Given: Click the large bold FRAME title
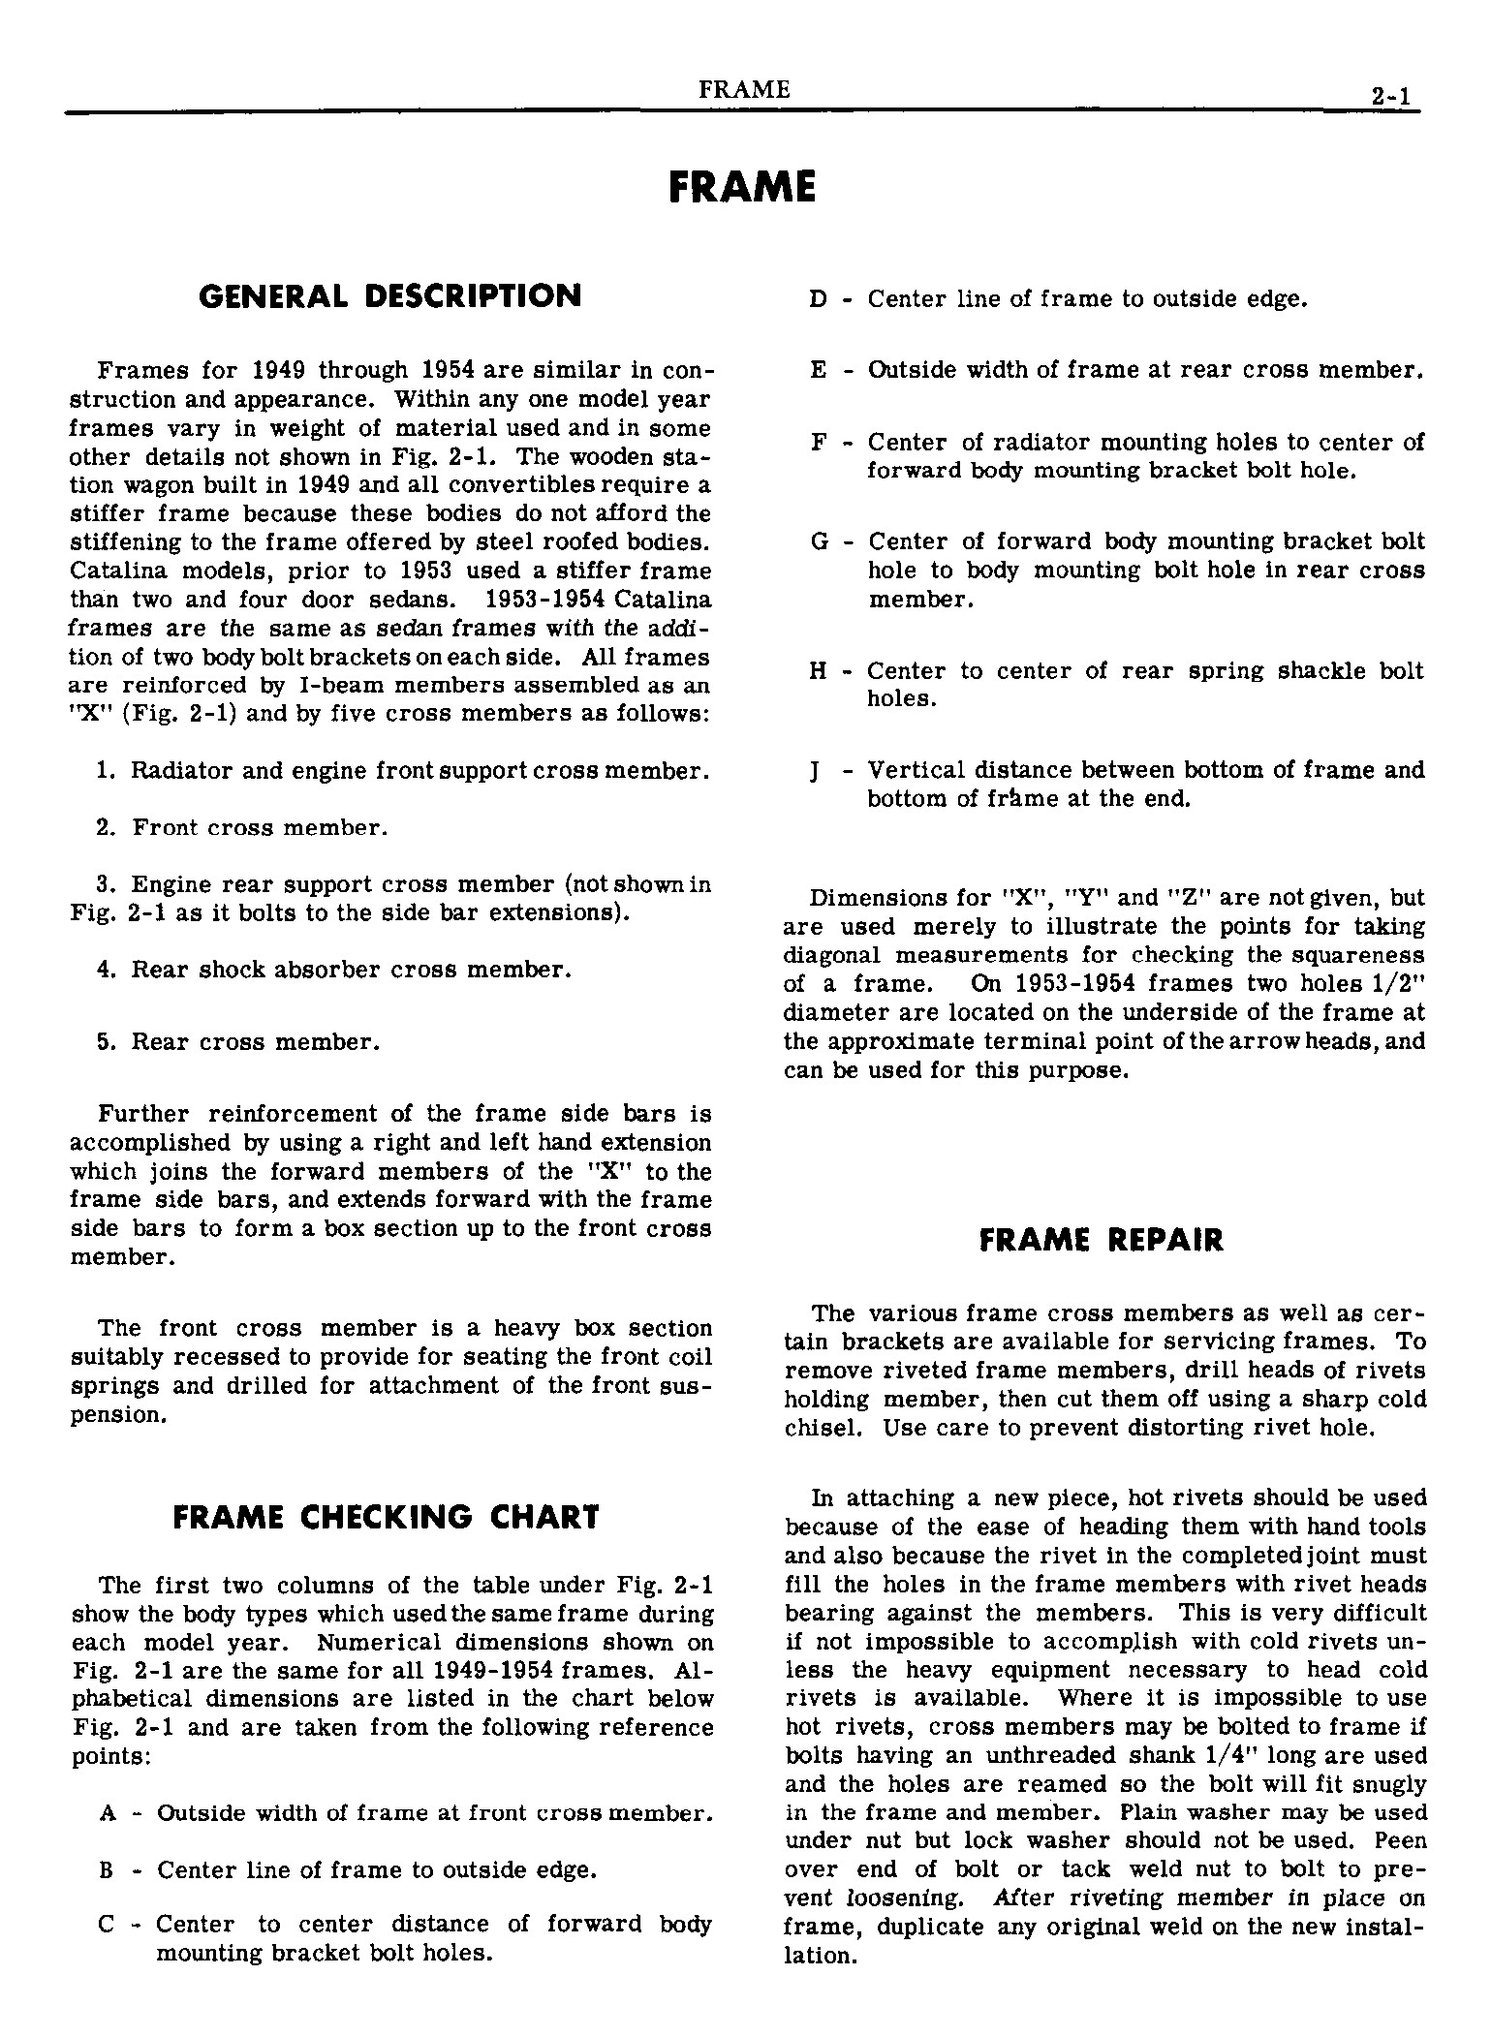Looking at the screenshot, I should point(742,186).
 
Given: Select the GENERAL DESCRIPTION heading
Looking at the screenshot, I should point(389,296).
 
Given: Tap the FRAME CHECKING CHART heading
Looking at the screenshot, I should point(386,1517).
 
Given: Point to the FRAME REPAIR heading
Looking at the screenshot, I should point(1102,1241).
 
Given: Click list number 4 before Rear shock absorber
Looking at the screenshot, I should point(106,970).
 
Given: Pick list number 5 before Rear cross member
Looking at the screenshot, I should point(106,1042).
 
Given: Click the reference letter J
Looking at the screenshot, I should point(817,772).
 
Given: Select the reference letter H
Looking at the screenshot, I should point(818,671).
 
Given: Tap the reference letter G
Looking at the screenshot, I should point(819,542).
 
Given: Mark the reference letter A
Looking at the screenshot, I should point(107,1813).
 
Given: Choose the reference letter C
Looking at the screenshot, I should point(107,1924).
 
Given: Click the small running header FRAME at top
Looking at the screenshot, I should point(743,90).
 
